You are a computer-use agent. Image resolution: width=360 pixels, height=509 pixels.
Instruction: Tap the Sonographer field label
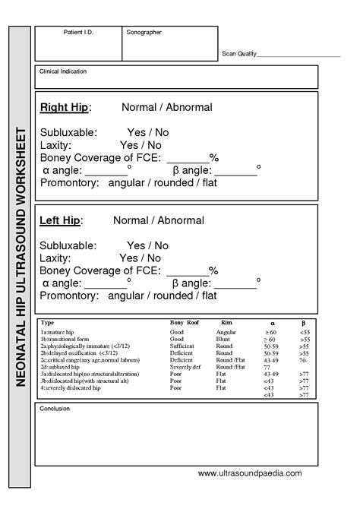pyautogui.click(x=144, y=32)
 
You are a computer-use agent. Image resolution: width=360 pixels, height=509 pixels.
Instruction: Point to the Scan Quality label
pyautogui.click(x=238, y=55)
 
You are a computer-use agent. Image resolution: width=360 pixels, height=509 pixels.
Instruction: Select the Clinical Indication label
pyautogui.click(x=63, y=71)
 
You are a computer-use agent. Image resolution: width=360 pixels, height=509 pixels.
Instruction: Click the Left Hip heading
pyautogui.click(x=59, y=220)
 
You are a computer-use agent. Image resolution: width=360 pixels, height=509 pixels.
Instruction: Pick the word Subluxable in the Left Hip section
pyautogui.click(x=68, y=246)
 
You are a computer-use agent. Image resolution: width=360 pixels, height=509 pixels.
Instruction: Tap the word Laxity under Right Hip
pyautogui.click(x=55, y=145)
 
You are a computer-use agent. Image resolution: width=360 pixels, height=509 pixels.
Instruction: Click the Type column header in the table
pyautogui.click(x=46, y=323)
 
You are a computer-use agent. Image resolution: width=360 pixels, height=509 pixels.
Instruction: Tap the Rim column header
pyautogui.click(x=226, y=323)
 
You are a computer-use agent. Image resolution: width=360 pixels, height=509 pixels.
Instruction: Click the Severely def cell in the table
pyautogui.click(x=186, y=367)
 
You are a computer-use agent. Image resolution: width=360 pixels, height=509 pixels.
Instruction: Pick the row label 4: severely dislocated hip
pyautogui.click(x=69, y=387)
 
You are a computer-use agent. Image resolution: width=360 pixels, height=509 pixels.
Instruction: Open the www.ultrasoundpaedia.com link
pyautogui.click(x=250, y=473)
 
